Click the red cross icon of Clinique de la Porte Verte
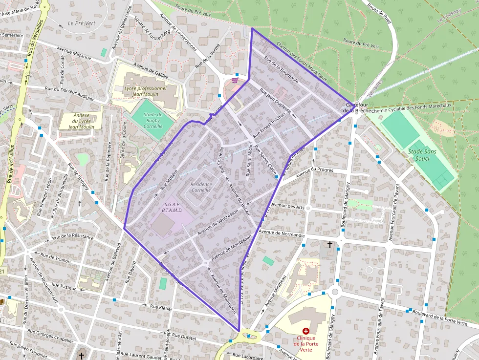pyautogui.click(x=306, y=331)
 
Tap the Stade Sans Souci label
pyautogui.click(x=422, y=155)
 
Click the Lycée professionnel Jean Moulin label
pyautogui.click(x=145, y=91)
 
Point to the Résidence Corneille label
pyautogui.click(x=201, y=187)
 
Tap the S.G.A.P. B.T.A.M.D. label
pyautogui.click(x=174, y=207)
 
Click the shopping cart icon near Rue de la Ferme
pyautogui.click(x=235, y=80)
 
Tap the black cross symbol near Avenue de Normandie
pyautogui.click(x=330, y=244)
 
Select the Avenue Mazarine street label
pyautogui.click(x=74, y=53)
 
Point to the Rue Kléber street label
pyautogui.click(x=161, y=307)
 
